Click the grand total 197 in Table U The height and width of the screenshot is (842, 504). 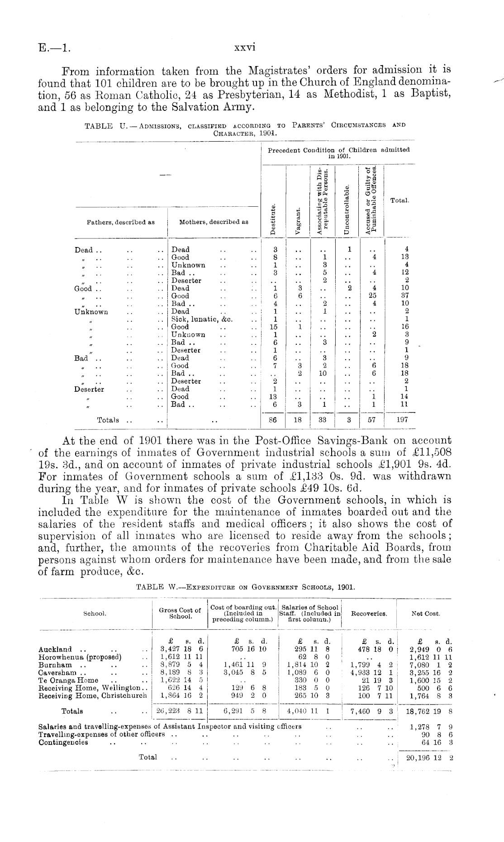tap(402, 419)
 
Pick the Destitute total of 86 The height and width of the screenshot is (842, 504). tap(273, 419)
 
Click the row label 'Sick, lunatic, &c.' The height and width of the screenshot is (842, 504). tap(202, 319)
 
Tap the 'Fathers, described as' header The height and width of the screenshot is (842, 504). tap(120, 222)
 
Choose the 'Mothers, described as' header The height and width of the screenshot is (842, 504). tap(214, 222)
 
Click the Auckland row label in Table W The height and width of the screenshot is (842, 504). tap(56, 649)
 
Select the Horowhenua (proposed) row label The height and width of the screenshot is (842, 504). tap(80, 657)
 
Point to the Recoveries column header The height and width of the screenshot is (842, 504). tap(369, 614)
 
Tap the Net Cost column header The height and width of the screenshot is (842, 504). tap(425, 614)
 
